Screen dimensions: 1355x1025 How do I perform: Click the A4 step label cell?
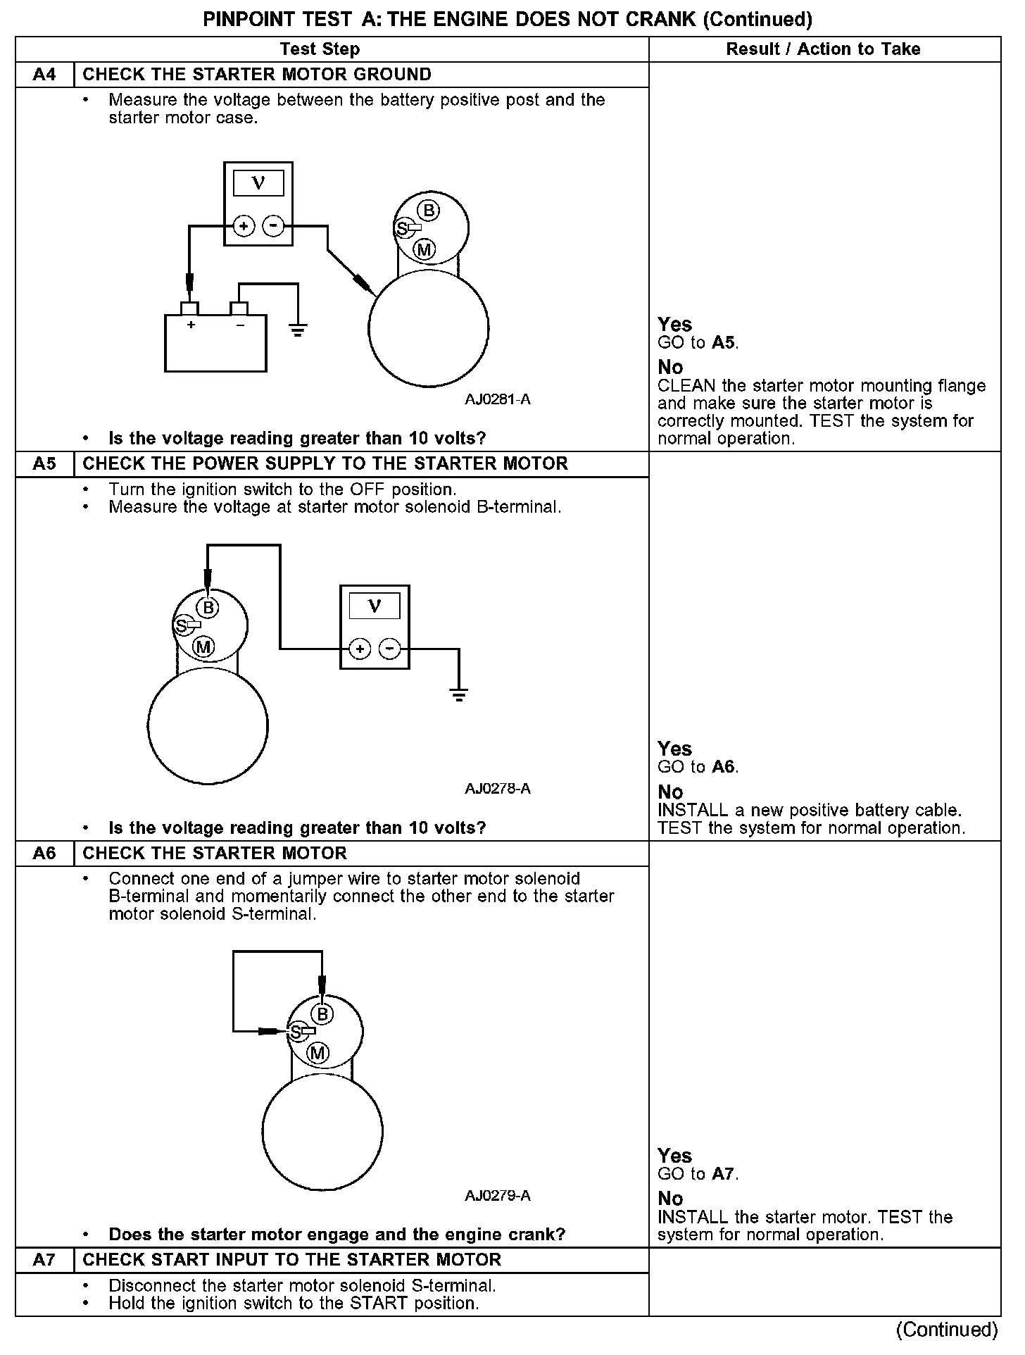(x=44, y=75)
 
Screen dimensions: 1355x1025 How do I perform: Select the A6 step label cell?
(x=44, y=854)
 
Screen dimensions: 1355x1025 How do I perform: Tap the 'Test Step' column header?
(x=320, y=49)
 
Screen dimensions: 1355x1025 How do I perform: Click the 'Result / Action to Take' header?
(x=823, y=49)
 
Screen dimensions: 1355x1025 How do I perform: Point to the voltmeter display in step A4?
(x=258, y=184)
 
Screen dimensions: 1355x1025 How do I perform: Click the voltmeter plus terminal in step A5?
(x=359, y=649)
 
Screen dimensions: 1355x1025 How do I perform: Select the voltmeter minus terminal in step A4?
(x=273, y=226)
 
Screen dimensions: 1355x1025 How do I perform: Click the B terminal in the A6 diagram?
(x=322, y=1014)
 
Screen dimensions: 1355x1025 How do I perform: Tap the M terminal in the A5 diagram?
(x=203, y=647)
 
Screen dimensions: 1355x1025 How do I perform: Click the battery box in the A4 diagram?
(x=215, y=342)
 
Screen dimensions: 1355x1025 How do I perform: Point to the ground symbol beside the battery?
(x=298, y=330)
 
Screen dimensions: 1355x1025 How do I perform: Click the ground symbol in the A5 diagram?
(x=459, y=696)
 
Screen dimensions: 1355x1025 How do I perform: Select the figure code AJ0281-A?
(x=498, y=400)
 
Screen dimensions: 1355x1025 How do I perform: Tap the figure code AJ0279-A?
(x=498, y=1196)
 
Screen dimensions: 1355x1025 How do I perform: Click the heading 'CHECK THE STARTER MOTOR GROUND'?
(x=257, y=75)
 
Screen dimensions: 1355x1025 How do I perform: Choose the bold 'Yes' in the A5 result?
(x=674, y=749)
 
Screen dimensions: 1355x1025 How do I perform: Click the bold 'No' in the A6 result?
(x=670, y=1199)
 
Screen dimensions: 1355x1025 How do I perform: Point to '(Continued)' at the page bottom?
(x=947, y=1330)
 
